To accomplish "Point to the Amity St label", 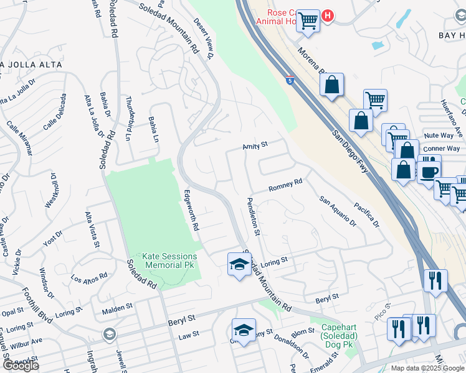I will (255, 145).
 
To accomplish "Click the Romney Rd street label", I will (285, 185).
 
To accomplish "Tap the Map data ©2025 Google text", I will (427, 368).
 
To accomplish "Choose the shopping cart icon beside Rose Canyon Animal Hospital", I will (308, 21).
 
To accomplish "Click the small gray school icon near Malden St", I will (110, 335).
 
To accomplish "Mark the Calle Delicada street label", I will (54, 112).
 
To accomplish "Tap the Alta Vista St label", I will (92, 229).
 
